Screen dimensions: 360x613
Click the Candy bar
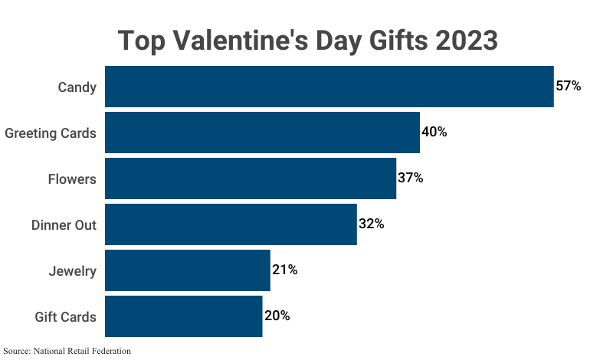pyautogui.click(x=329, y=87)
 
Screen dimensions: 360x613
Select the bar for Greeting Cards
pyautogui.click(x=262, y=133)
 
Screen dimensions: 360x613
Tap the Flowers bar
pyautogui.click(x=251, y=178)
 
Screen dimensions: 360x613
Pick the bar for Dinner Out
pyautogui.click(x=231, y=224)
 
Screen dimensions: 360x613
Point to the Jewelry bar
pyautogui.click(x=188, y=270)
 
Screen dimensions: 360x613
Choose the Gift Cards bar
pyautogui.click(x=184, y=316)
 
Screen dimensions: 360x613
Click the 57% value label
pyautogui.click(x=569, y=87)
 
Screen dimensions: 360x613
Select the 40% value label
pyautogui.click(x=434, y=133)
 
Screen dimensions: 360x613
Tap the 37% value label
pyautogui.click(x=411, y=178)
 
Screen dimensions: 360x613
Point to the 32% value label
pyautogui.click(x=372, y=224)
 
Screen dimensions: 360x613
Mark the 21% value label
pyautogui.click(x=285, y=270)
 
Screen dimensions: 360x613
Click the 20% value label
pyautogui.click(x=277, y=316)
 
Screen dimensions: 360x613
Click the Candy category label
pyautogui.click(x=77, y=87)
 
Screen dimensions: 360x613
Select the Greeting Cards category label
pyautogui.click(x=51, y=133)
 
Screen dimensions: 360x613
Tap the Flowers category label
pyautogui.click(x=72, y=178)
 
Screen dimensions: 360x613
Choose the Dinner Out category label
pyautogui.click(x=64, y=224)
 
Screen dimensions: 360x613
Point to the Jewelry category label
pyautogui.click(x=72, y=270)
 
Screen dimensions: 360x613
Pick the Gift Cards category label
pyautogui.click(x=66, y=316)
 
